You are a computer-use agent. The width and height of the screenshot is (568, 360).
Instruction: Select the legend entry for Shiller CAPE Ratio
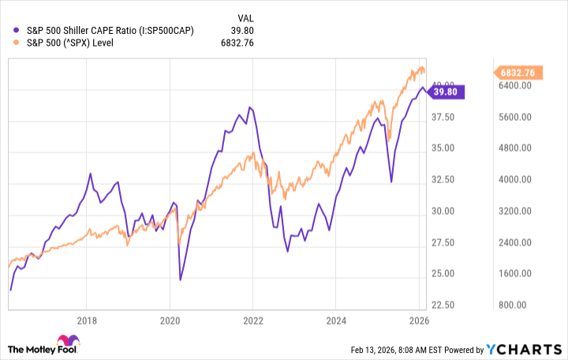click(110, 30)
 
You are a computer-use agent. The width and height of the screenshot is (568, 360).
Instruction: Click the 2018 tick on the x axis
click(88, 320)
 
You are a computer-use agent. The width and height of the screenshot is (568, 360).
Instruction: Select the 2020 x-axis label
click(170, 320)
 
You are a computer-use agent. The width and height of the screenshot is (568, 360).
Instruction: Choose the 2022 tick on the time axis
click(252, 320)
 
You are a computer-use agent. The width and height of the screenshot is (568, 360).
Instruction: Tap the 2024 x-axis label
click(334, 320)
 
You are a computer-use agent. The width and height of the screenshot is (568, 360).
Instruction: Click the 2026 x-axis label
click(418, 320)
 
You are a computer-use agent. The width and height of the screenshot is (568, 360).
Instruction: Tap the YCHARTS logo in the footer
click(532, 348)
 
